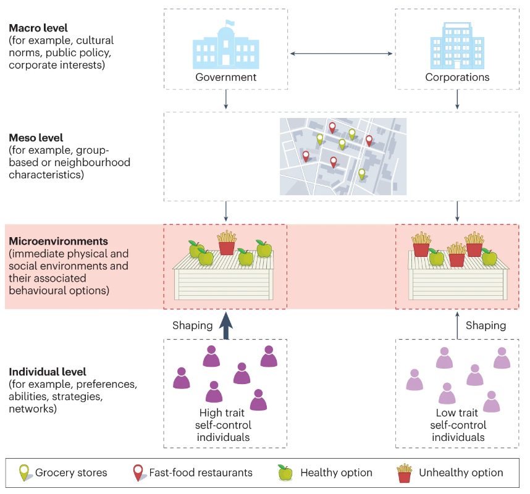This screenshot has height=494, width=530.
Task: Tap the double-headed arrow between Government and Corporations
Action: tap(341, 54)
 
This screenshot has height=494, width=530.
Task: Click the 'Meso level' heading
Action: tap(35, 137)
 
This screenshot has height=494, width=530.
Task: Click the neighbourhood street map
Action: tap(343, 156)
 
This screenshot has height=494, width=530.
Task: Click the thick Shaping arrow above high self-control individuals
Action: tap(226, 325)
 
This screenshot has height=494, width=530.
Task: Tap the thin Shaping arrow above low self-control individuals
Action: tap(457, 325)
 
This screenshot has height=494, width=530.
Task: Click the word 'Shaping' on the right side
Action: tap(486, 325)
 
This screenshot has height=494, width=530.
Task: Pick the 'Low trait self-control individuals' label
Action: tap(458, 425)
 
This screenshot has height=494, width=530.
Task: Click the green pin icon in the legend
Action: tap(24, 473)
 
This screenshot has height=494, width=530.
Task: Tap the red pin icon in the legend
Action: tap(138, 473)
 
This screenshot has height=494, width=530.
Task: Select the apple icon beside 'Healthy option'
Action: tap(285, 473)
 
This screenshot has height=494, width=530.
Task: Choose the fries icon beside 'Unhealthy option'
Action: tap(405, 473)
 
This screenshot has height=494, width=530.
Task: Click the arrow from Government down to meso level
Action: tap(226, 99)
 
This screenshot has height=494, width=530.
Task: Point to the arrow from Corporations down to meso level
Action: tap(457, 99)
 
